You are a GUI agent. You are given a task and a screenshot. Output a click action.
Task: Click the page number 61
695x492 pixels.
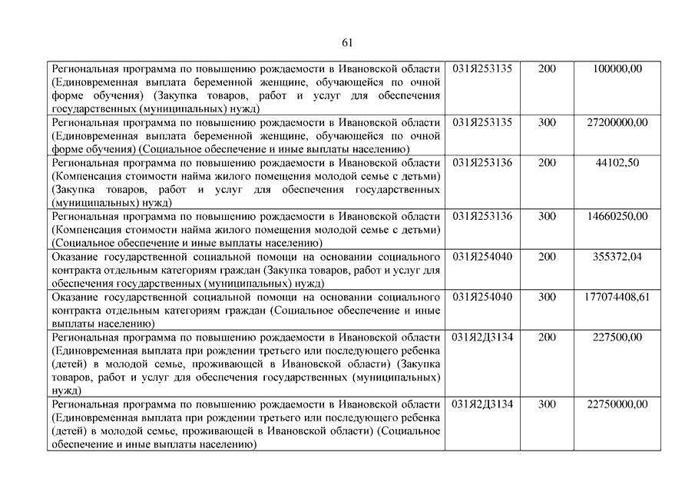coord(347,42)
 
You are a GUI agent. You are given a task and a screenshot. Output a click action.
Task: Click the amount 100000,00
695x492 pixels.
coord(617,69)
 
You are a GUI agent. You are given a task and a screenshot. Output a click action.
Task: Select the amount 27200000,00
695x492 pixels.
coord(617,122)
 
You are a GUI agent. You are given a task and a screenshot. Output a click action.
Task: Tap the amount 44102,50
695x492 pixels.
coord(617,163)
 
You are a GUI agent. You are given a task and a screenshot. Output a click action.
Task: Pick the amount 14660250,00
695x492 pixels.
coord(617,216)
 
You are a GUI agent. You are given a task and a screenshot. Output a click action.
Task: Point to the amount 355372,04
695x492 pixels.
coord(617,257)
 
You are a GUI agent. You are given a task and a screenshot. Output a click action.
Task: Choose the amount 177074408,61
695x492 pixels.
coord(617,297)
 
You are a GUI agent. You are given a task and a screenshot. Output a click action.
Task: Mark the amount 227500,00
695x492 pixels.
coord(617,337)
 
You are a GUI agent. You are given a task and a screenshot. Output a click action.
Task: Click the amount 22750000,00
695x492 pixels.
coord(617,404)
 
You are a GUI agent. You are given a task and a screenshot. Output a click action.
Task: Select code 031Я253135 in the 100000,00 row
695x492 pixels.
coord(482,69)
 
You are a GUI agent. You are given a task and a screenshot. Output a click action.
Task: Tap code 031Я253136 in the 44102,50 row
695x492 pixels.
coord(482,163)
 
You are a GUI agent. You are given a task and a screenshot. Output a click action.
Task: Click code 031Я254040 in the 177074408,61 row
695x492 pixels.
coord(482,297)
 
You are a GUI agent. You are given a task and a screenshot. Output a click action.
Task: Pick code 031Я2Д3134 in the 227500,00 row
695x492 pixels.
coord(482,337)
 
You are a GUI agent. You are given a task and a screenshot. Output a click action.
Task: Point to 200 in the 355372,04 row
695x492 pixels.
coord(547,257)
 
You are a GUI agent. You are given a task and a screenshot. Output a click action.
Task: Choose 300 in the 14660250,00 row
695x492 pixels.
coord(547,216)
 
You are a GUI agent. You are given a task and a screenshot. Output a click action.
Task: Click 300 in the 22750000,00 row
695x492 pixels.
coord(547,404)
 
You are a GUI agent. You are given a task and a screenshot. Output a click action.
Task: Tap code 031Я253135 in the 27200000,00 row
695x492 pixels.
coord(482,122)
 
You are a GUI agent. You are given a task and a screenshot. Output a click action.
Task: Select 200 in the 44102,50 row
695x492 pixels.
coord(547,163)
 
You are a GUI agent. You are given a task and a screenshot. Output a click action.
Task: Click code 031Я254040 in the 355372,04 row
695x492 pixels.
coord(482,257)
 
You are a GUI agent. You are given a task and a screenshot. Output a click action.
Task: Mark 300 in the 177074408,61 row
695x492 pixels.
coord(547,297)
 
